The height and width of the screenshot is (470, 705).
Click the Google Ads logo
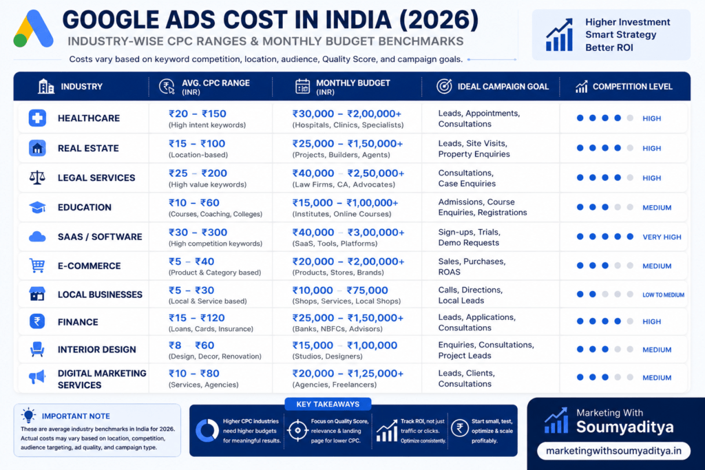pos(33,29)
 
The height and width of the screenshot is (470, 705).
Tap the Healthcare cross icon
pos(37,118)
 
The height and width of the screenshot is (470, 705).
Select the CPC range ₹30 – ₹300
pos(198,233)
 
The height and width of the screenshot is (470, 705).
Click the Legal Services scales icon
pos(37,178)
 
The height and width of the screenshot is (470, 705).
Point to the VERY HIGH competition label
pos(662,237)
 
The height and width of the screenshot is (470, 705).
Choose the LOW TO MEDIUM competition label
pos(663,295)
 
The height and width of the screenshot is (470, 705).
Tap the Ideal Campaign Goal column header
pos(492,86)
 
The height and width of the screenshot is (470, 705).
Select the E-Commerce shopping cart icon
pos(37,265)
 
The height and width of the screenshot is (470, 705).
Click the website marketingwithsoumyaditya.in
pos(613,451)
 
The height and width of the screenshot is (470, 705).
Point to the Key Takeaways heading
pos(328,404)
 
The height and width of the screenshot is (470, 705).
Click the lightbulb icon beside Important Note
pos(28,416)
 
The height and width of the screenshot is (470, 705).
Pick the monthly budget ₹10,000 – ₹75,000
pos(340,290)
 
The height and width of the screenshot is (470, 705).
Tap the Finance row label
pos(78,322)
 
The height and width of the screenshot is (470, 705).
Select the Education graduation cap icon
pos(37,207)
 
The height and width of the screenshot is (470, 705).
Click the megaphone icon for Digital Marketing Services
pos(37,377)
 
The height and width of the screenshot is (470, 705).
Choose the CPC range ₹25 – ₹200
pos(198,173)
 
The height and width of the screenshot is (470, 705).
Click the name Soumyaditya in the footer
pos(625,427)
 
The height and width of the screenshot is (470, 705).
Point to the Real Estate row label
pos(88,148)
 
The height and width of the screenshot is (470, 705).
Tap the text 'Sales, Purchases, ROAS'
pos(472,266)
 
